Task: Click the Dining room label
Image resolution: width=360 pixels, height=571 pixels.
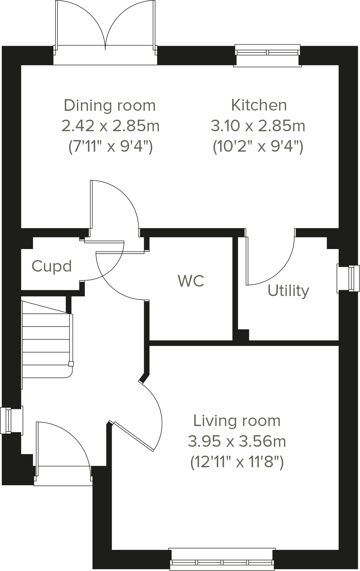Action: click(x=110, y=106)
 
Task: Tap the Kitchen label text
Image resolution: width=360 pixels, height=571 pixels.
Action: click(x=259, y=105)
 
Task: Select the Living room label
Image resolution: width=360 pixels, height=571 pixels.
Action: click(x=237, y=421)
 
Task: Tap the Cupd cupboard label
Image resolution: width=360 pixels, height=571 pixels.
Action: click(x=52, y=266)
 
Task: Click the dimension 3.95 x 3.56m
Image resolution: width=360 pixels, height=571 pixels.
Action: click(x=237, y=441)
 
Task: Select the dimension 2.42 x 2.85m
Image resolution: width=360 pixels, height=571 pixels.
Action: click(x=110, y=126)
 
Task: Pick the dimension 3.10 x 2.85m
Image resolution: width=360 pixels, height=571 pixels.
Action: click(x=258, y=126)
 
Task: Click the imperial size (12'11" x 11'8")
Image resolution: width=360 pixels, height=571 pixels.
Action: click(x=237, y=462)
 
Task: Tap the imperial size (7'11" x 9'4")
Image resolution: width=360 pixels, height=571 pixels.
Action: click(x=110, y=147)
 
